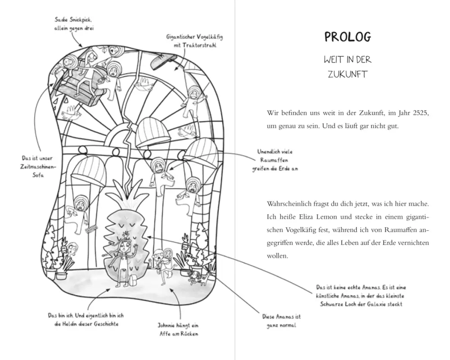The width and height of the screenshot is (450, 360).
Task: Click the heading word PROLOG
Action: click(x=348, y=37)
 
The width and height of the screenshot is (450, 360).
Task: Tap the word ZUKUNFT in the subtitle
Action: click(x=348, y=74)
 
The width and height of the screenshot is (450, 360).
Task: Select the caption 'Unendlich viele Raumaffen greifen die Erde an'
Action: click(x=274, y=160)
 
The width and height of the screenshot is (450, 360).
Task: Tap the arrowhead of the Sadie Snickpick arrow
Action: click(x=80, y=46)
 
